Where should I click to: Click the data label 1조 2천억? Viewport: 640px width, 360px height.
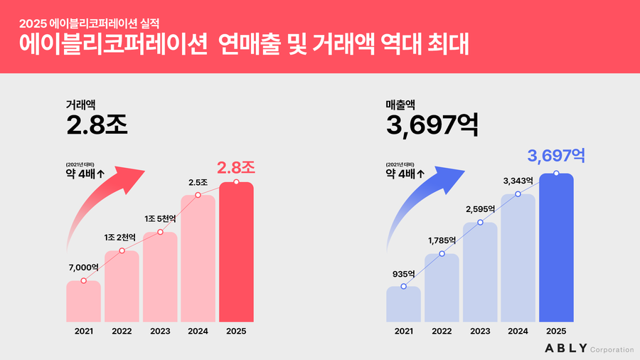(x=122, y=237)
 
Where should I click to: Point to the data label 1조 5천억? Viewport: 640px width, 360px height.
(x=160, y=218)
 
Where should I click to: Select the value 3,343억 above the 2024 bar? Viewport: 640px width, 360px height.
(x=518, y=179)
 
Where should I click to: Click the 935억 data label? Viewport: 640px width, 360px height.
(x=403, y=272)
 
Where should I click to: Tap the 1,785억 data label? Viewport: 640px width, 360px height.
(x=442, y=240)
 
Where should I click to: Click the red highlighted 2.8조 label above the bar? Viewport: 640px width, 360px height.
(x=235, y=167)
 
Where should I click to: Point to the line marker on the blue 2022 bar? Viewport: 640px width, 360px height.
(x=442, y=254)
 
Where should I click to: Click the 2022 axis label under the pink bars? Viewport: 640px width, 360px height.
(x=122, y=330)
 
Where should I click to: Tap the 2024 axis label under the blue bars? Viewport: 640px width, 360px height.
(x=518, y=330)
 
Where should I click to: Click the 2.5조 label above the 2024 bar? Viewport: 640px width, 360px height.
(x=198, y=183)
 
